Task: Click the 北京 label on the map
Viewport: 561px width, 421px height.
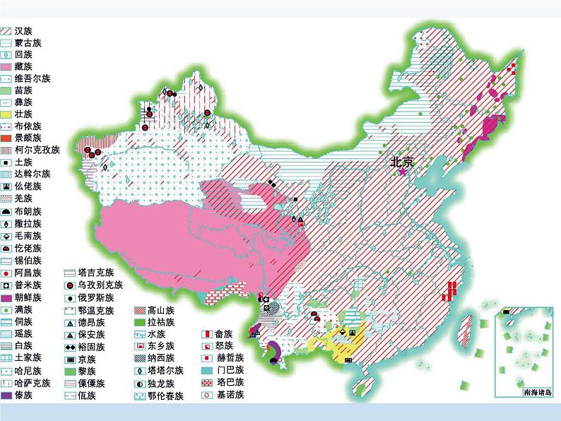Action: (x=405, y=162)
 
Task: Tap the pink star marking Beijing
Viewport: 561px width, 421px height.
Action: (x=403, y=172)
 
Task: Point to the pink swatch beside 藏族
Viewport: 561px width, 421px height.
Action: (x=6, y=66)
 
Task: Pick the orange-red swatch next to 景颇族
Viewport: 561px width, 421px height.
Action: (x=6, y=137)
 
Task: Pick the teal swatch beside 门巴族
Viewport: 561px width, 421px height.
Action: (x=206, y=370)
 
